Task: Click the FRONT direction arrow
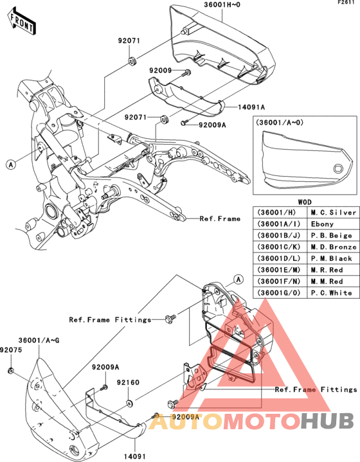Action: [21, 21]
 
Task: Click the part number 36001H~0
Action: [222, 4]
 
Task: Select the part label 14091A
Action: [251, 107]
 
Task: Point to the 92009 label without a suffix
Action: [161, 71]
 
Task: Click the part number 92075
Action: [11, 350]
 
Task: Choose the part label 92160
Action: [128, 382]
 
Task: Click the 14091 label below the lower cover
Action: [134, 456]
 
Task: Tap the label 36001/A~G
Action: [39, 341]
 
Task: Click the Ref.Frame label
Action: [220, 218]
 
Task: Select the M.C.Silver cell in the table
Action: [334, 213]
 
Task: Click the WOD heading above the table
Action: [305, 202]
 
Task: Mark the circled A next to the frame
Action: [11, 164]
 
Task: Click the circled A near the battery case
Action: [239, 279]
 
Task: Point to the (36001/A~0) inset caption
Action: [279, 122]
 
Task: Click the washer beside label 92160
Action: [129, 402]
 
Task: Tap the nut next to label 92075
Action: [11, 370]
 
